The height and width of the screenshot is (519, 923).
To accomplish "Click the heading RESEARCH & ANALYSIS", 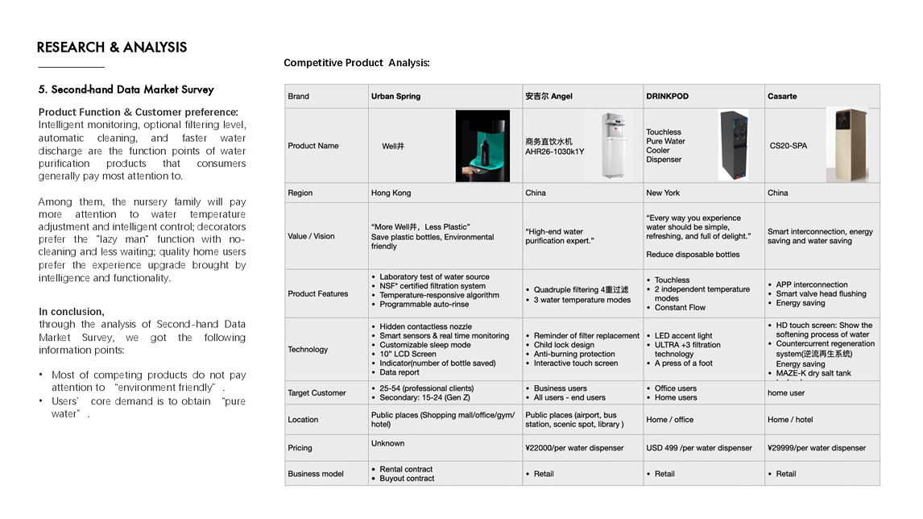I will pyautogui.click(x=112, y=48).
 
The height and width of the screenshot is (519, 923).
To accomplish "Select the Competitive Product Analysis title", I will pyautogui.click(x=357, y=63).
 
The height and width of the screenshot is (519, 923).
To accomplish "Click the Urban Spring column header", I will pyautogui.click(x=395, y=97).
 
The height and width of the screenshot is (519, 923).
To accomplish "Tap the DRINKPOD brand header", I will pyautogui.click(x=667, y=97).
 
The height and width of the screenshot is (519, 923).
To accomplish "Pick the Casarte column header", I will pyautogui.click(x=782, y=97).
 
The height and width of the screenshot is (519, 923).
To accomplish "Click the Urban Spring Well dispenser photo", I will pyautogui.click(x=482, y=146).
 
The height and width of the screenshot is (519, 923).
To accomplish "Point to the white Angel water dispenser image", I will pyautogui.click(x=609, y=146).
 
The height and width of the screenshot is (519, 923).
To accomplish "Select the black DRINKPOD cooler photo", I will pyautogui.click(x=733, y=146).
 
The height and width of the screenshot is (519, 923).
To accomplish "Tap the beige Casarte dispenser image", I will pyautogui.click(x=846, y=145).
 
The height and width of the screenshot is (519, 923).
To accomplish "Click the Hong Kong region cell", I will pyautogui.click(x=391, y=193).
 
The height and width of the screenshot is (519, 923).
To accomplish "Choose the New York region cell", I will pyautogui.click(x=663, y=193).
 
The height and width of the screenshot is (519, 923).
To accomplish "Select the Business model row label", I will pyautogui.click(x=316, y=474).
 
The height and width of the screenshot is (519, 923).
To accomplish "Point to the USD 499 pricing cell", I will pyautogui.click(x=699, y=448).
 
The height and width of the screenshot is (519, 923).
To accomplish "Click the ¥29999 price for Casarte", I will pyautogui.click(x=817, y=448).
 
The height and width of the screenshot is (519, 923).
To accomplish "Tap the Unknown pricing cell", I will pyautogui.click(x=388, y=443).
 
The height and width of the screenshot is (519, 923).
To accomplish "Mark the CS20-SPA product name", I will pyautogui.click(x=788, y=147).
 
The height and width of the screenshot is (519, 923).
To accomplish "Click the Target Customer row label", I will pyautogui.click(x=317, y=393).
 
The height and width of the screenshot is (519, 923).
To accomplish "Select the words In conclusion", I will pyautogui.click(x=72, y=312).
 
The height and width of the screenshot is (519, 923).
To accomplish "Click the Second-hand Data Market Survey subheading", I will pyautogui.click(x=126, y=89).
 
